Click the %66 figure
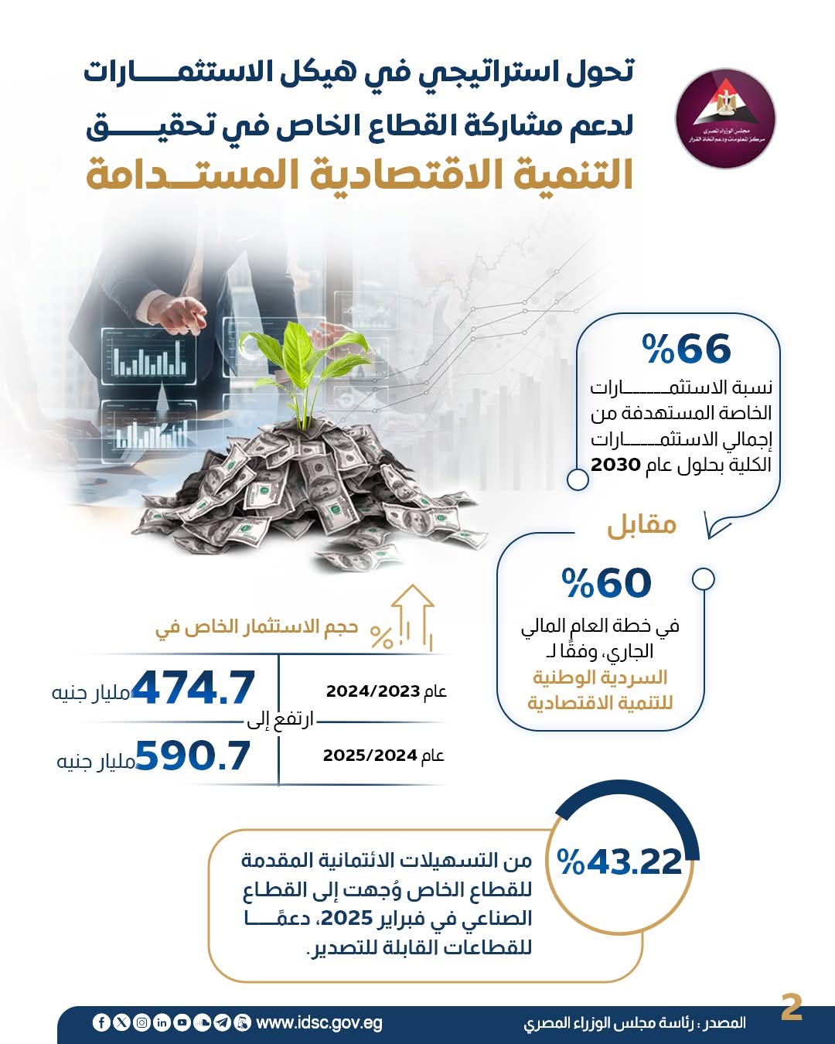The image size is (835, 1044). click(687, 350)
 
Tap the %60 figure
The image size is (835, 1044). click(607, 584)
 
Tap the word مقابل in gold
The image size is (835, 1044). click(642, 526)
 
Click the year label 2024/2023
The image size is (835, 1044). click(373, 691)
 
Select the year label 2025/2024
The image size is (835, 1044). click(371, 755)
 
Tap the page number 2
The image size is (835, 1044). click(792, 1008)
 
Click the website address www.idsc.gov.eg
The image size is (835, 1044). click(319, 1022)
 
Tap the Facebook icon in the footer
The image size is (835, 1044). click(101, 1022)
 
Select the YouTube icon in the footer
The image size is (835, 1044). click(182, 1022)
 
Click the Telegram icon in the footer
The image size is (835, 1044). click(222, 1022)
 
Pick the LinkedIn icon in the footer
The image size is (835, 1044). click(162, 1022)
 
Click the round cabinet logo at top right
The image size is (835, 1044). click(725, 118)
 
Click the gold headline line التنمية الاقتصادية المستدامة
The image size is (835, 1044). click(360, 174)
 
